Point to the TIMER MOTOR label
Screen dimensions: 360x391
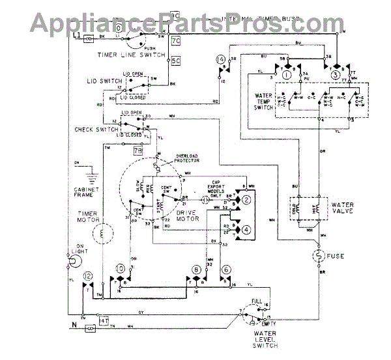pos(87,217)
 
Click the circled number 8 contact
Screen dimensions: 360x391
pos(195,269)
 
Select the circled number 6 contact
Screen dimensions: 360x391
pos(225,269)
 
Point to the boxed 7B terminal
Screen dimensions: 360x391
pos(138,150)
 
